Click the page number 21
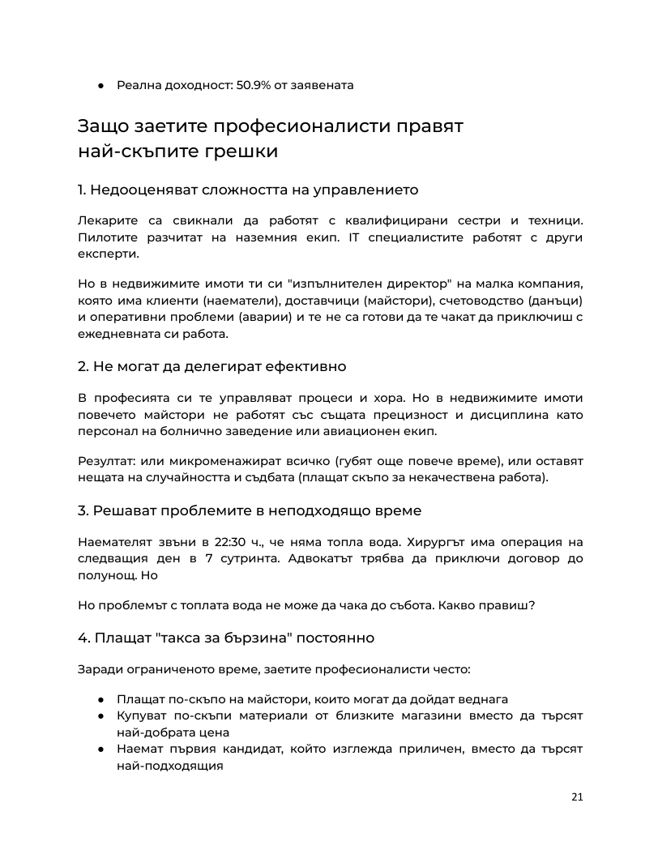(577, 796)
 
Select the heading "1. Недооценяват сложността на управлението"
(248, 190)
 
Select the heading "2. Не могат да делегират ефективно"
(211, 367)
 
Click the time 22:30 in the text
(212, 542)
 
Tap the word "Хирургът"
(415, 542)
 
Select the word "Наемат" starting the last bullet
(139, 749)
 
